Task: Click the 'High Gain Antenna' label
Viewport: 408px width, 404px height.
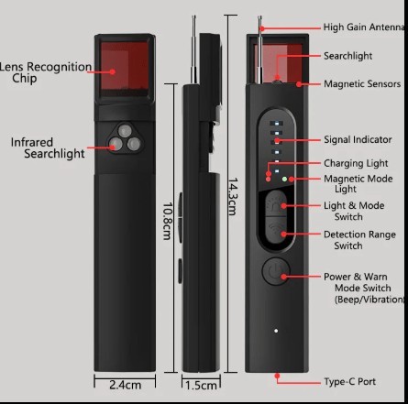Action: [x=364, y=27]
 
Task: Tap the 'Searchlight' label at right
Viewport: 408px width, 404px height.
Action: [x=347, y=56]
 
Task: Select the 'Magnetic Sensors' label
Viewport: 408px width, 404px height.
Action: [x=361, y=84]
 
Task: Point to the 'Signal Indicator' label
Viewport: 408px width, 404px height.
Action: [x=357, y=140]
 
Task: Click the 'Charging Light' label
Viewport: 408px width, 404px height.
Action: [x=356, y=163]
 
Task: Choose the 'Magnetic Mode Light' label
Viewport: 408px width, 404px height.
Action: [x=358, y=182]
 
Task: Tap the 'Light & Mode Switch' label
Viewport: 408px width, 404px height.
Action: [x=354, y=211]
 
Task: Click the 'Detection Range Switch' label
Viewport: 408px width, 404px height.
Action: [x=356, y=240]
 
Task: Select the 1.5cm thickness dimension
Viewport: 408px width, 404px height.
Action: [x=200, y=385]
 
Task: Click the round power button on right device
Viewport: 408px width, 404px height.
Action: [x=275, y=270]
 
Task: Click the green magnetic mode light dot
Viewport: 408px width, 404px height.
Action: [x=284, y=180]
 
